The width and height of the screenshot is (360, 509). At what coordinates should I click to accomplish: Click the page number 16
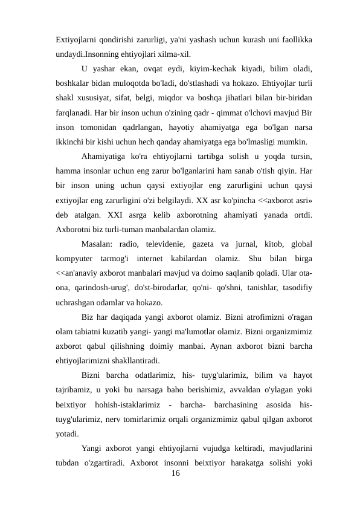point(176,474)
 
